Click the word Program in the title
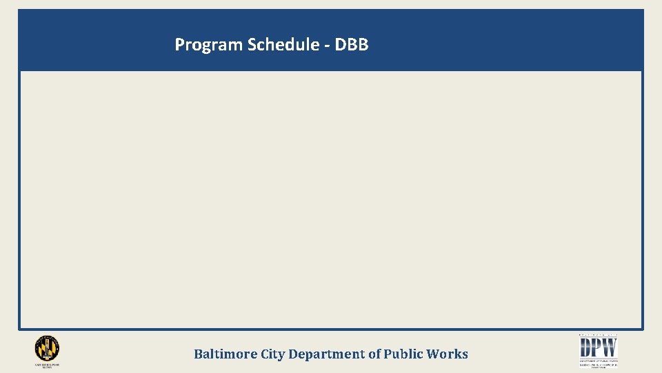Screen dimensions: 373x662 click(x=209, y=46)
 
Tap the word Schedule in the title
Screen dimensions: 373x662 click(x=283, y=46)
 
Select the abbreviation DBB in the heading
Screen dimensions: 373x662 click(x=352, y=45)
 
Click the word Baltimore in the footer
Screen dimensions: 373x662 click(x=225, y=354)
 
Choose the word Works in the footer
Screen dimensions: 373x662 click(x=447, y=354)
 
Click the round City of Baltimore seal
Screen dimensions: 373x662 click(x=47, y=348)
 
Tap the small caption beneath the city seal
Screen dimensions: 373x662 click(x=47, y=365)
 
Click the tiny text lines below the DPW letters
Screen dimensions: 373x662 click(x=599, y=363)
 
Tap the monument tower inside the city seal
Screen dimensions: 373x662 click(x=47, y=347)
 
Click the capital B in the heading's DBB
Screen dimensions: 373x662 click(x=351, y=45)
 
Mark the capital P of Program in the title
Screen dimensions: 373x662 click(x=179, y=45)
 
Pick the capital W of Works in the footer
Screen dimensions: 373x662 click(x=434, y=354)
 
